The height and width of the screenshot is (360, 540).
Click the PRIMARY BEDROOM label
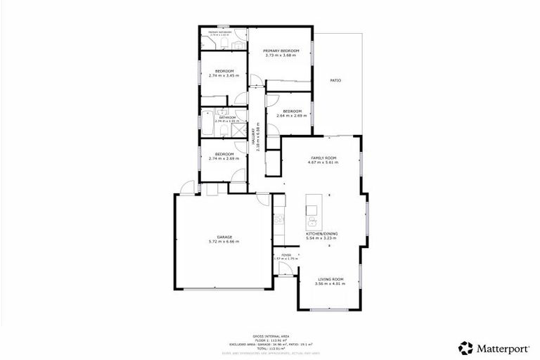(281, 51)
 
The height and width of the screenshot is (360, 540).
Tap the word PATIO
(336, 81)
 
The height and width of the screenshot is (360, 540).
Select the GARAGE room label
(224, 237)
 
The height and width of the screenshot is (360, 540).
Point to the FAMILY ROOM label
(323, 157)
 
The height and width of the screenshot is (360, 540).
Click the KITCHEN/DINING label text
(323, 233)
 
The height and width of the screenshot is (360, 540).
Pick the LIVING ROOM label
(328, 279)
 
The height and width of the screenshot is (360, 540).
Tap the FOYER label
(286, 255)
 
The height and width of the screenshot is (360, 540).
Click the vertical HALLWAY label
(258, 141)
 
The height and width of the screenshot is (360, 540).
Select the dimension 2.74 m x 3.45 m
(224, 76)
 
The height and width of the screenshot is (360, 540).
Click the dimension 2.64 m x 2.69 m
(292, 116)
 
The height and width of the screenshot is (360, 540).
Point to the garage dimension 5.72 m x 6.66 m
(224, 242)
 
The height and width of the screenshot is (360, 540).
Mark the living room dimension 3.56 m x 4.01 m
(328, 284)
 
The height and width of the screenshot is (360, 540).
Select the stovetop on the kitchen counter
(278, 219)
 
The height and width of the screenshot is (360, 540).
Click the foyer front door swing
(281, 269)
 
